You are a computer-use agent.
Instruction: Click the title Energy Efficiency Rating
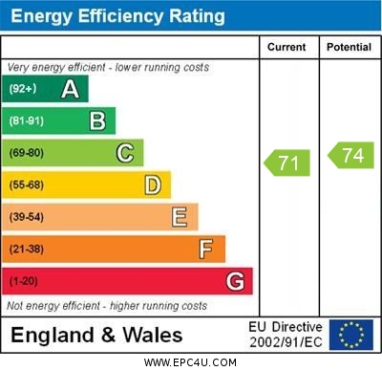(x=117, y=16)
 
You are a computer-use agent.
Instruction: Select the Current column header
(x=286, y=47)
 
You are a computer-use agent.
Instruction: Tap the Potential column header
(x=348, y=47)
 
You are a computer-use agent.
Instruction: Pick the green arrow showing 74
(x=350, y=156)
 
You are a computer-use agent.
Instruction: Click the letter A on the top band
(x=70, y=89)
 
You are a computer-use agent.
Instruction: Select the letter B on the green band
(x=97, y=120)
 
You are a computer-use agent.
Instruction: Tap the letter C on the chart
(x=125, y=153)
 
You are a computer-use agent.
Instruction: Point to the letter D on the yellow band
(x=153, y=185)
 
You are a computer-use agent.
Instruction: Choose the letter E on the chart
(x=180, y=217)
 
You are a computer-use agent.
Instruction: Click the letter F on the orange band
(x=206, y=249)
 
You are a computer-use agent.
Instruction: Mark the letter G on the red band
(x=235, y=281)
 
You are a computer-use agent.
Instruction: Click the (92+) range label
(x=23, y=89)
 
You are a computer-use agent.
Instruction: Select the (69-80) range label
(x=27, y=153)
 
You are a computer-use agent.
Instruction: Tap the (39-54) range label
(x=27, y=217)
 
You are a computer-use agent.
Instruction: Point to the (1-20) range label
(x=23, y=281)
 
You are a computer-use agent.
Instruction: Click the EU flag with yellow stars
(x=350, y=335)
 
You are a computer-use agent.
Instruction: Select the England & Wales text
(x=95, y=335)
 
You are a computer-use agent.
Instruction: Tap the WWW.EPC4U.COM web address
(x=190, y=362)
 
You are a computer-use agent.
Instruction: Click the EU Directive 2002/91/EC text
(x=286, y=335)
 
